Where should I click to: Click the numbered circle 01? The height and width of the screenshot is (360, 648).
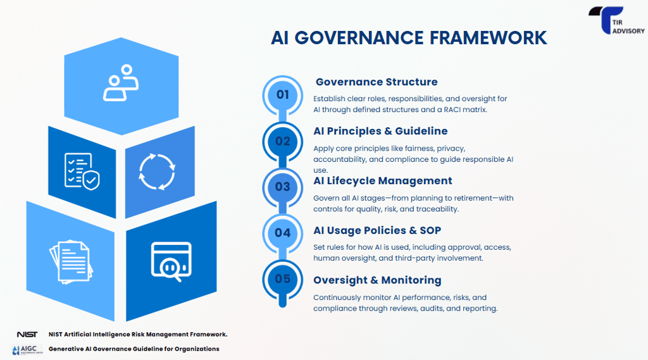[x=282, y=95]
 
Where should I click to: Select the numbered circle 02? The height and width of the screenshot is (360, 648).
[x=282, y=141]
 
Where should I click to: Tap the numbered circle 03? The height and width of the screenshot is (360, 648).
[x=282, y=187]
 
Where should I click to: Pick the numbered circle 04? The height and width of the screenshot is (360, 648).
[x=282, y=233]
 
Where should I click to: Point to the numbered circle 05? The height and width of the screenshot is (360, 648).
[x=282, y=279]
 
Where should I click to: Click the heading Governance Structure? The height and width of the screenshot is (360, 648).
[x=377, y=82]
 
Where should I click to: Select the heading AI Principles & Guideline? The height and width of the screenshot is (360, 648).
[x=380, y=131]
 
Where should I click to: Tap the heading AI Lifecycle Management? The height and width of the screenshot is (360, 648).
[x=383, y=181]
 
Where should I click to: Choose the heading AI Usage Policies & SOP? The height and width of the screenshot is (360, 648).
[x=377, y=230]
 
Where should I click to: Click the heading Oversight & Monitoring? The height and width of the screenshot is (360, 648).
[x=377, y=280]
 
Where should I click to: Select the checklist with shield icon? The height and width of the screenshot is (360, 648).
[x=82, y=171]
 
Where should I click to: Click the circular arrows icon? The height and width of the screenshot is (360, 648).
[x=156, y=171]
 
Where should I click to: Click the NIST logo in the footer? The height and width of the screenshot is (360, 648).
[x=27, y=334]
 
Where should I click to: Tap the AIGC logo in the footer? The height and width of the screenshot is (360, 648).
[x=27, y=349]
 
